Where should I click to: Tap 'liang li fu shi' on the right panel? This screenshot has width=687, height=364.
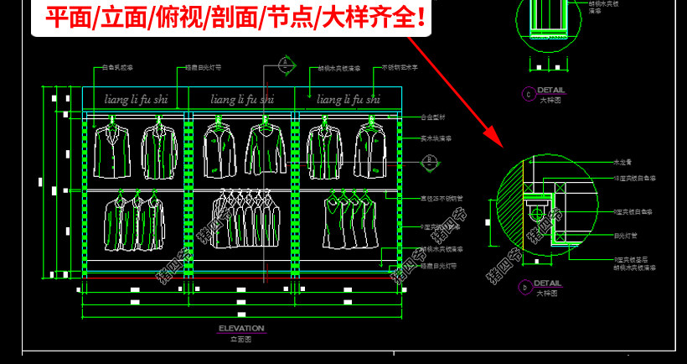click(347, 99)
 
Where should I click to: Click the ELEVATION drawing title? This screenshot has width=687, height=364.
click(240, 328)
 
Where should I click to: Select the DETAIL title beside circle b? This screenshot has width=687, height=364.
click(549, 283)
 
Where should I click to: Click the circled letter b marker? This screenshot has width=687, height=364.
click(525, 288)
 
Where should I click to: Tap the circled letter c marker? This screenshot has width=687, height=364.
click(528, 94)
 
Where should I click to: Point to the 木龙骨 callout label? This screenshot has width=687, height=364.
click(622, 161)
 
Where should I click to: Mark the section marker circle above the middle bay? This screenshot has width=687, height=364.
click(286, 64)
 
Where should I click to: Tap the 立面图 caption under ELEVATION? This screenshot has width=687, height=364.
click(240, 338)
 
